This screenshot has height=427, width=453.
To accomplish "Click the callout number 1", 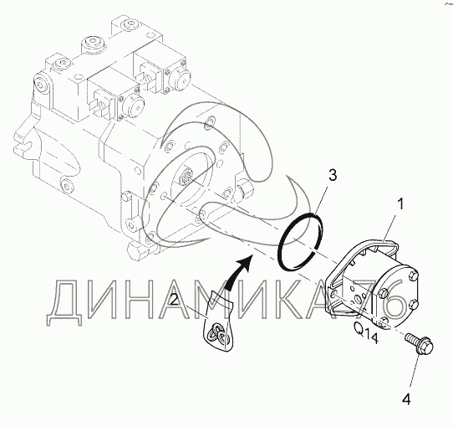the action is [400, 203].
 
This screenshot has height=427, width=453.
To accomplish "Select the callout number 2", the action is [174, 300].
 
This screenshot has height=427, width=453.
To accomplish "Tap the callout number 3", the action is [333, 175].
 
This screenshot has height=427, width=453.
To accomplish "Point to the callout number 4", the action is [406, 399].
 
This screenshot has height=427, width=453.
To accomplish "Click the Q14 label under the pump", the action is [366, 332].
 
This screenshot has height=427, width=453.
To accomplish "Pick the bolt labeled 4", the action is [420, 343].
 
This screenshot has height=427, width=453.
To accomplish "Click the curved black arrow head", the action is [244, 262].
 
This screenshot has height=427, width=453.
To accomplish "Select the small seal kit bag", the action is [218, 321].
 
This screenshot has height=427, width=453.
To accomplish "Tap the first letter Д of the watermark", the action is [64, 302].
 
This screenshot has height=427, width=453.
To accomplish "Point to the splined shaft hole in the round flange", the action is [187, 176].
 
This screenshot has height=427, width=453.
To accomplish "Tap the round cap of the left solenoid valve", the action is [134, 105].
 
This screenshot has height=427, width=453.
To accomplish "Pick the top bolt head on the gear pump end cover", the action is [413, 275].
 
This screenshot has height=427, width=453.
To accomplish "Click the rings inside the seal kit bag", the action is [218, 333].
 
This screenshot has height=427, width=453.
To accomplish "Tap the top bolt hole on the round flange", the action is [210, 122].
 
